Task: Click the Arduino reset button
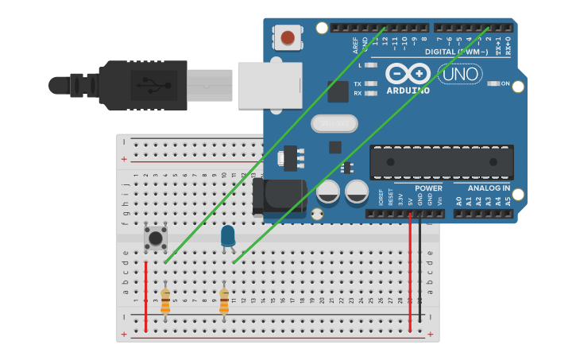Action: tap(287, 37)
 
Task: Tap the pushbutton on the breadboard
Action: tap(156, 237)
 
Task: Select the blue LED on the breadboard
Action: tap(228, 235)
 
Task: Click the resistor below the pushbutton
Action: tap(165, 301)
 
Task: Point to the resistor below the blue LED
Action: tap(224, 301)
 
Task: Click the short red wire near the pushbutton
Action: tap(146, 296)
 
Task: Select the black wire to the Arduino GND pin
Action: tap(419, 270)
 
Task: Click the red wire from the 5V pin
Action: tap(410, 270)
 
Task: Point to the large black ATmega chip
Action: tap(441, 162)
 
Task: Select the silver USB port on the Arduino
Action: tap(270, 83)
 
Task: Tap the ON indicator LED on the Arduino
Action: tap(493, 83)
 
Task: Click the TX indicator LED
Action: tap(370, 83)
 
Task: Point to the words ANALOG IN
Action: tap(489, 188)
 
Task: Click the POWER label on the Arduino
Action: tap(428, 188)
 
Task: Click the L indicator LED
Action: tap(370, 65)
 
